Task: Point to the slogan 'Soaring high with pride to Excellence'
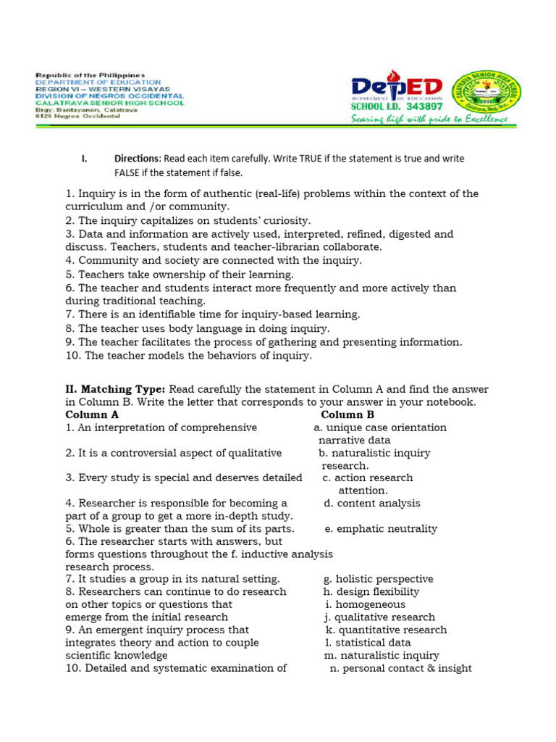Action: click(429, 119)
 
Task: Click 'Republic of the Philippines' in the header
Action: click(90, 75)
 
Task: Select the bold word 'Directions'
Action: click(137, 158)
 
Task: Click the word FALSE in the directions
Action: click(128, 173)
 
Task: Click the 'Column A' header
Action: click(92, 414)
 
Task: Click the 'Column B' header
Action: click(347, 414)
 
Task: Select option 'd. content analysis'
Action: click(372, 503)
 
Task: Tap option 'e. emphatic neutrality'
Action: click(381, 528)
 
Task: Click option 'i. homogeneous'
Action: click(366, 604)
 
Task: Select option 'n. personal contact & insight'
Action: click(400, 668)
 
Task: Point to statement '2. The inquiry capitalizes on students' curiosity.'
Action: click(188, 220)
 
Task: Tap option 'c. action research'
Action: click(368, 478)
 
